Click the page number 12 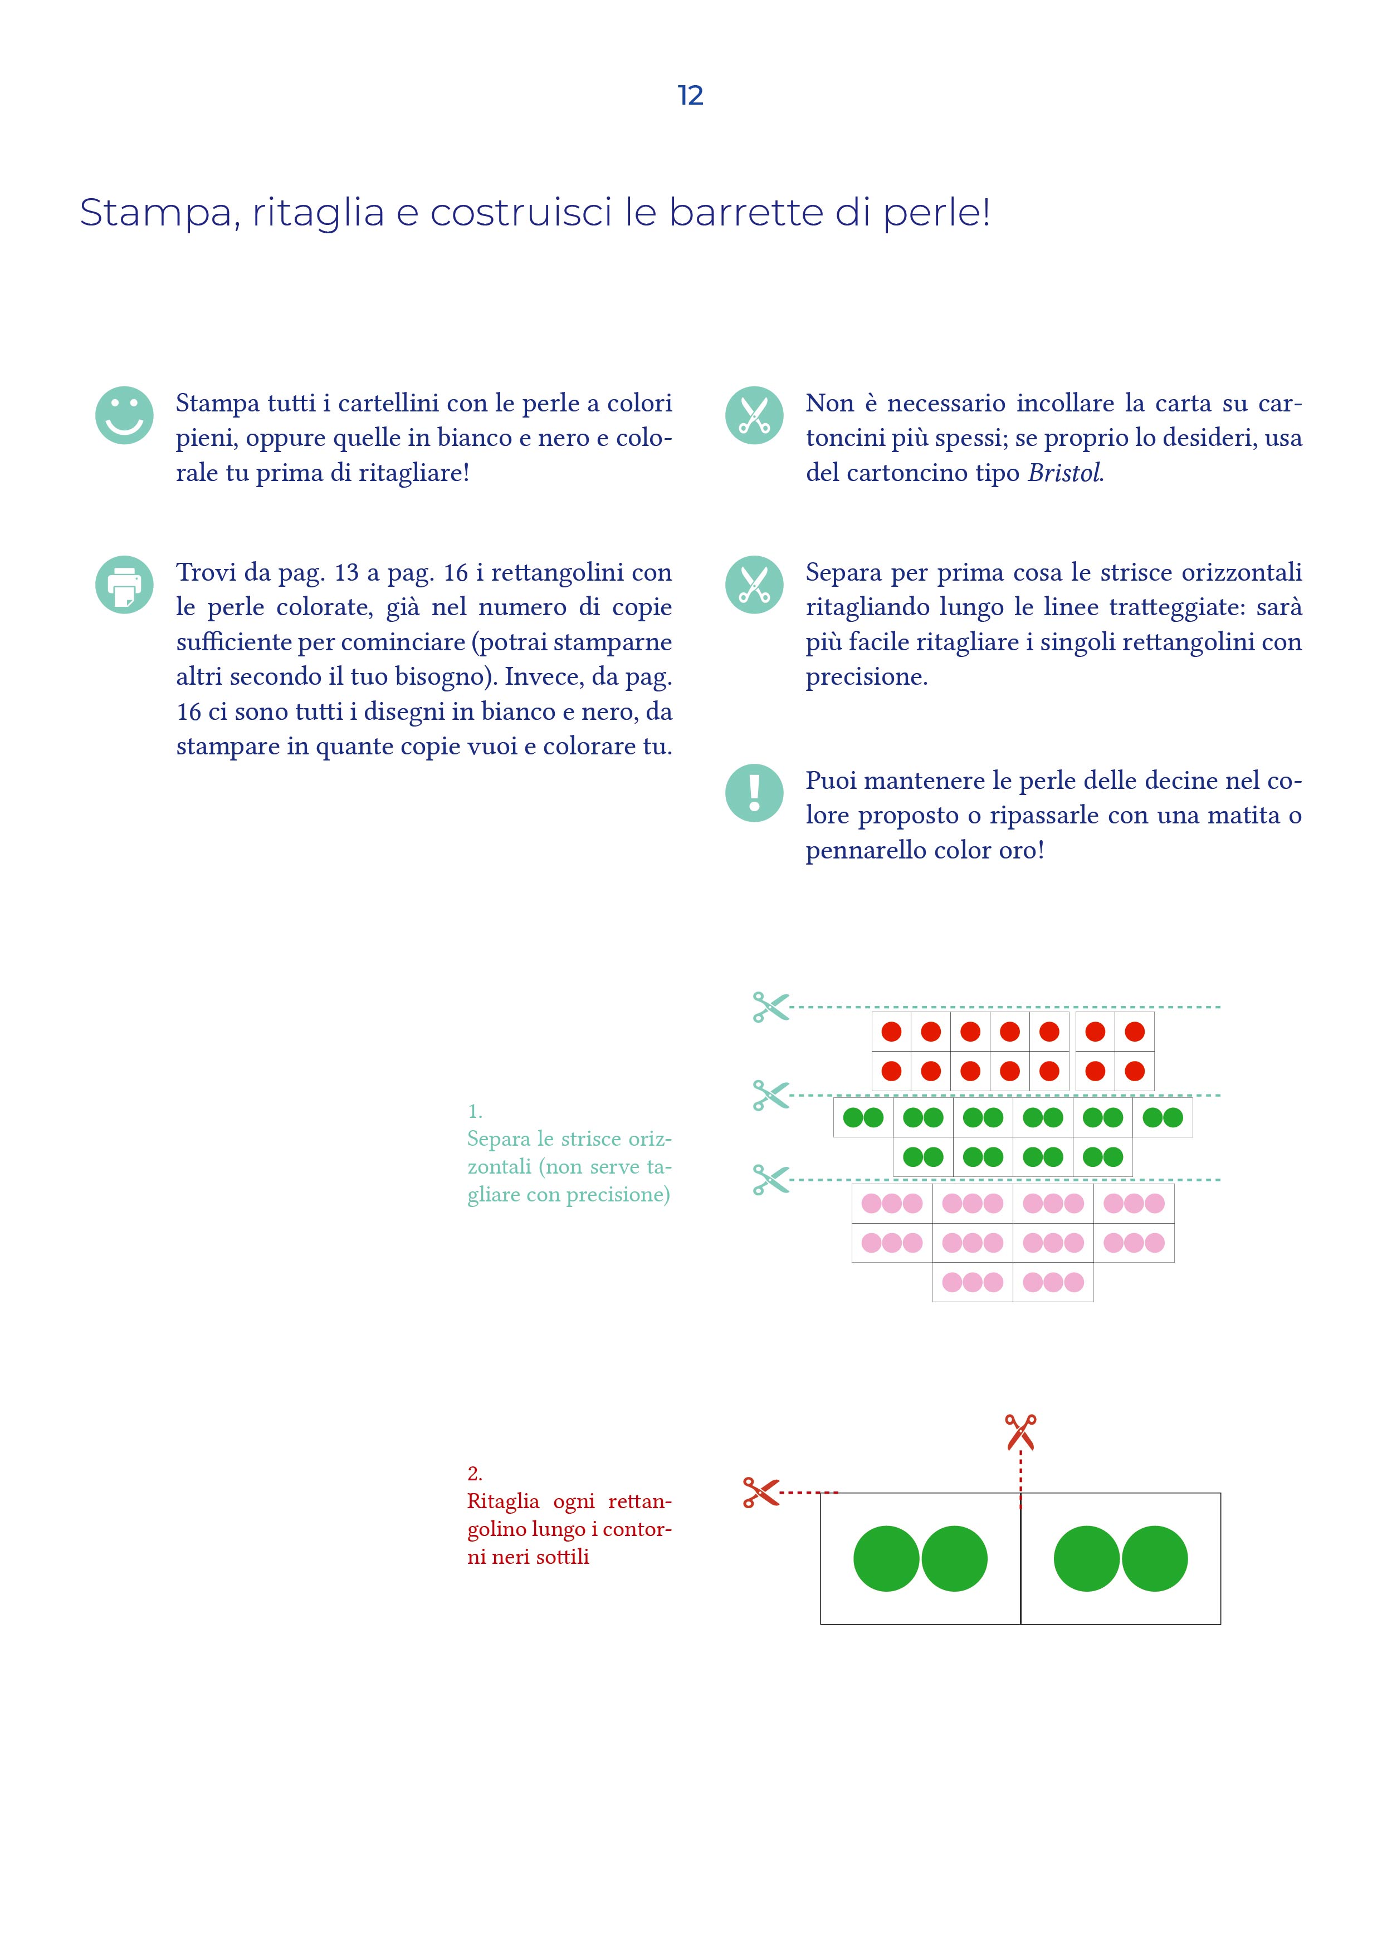pyautogui.click(x=690, y=95)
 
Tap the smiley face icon pyautogui.click(x=124, y=415)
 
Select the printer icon pyautogui.click(x=124, y=585)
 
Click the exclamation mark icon pyautogui.click(x=754, y=793)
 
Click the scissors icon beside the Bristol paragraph pyautogui.click(x=754, y=415)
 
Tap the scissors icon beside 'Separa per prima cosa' pyautogui.click(x=754, y=585)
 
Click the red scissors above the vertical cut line pyautogui.click(x=1020, y=1431)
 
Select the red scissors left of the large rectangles pyautogui.click(x=761, y=1492)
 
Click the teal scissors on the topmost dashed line pyautogui.click(x=771, y=1007)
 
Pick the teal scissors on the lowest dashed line pyautogui.click(x=771, y=1180)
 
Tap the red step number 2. pyautogui.click(x=475, y=1473)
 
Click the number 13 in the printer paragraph pyautogui.click(x=346, y=573)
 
